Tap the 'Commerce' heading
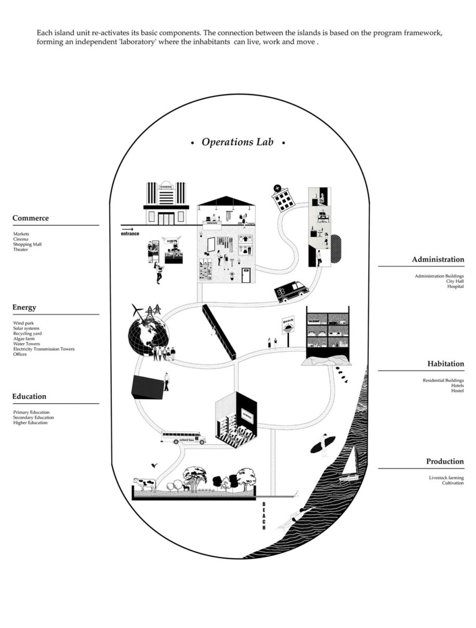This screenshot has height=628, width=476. pos(31,218)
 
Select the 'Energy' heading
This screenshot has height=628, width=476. pos(24,307)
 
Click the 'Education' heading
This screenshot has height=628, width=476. pos(29,397)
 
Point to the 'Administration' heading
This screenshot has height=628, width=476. pos(438,259)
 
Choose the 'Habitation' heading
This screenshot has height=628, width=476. pos(446,364)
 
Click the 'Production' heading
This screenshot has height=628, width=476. pos(445,462)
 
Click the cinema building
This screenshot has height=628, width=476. pos(166,203)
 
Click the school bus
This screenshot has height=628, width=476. pos(182,438)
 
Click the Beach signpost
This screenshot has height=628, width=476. pos(288,328)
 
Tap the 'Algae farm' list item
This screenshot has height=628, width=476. pos(24,338)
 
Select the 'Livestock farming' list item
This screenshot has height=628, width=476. pos(446,478)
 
